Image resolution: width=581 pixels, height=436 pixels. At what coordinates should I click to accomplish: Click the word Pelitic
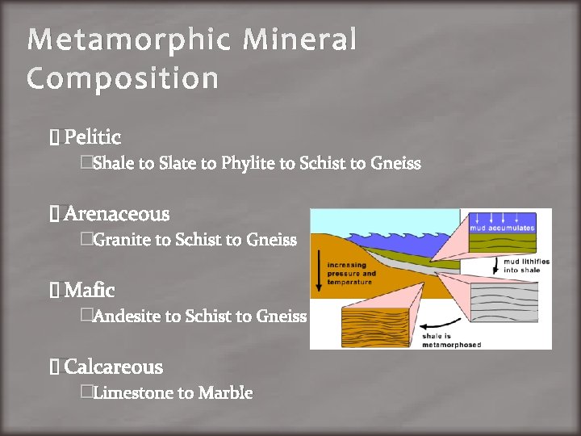point(92,137)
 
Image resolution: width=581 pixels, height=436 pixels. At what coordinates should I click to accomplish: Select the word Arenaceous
point(117,214)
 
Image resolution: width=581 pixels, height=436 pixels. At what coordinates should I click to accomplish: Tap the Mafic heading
point(89,290)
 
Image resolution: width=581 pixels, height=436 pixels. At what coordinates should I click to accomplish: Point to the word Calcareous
point(113,367)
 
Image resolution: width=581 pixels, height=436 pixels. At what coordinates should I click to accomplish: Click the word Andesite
point(127,317)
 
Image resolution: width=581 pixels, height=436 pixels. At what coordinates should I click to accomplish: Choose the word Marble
point(226,393)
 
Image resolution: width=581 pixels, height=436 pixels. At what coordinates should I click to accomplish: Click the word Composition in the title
point(122,79)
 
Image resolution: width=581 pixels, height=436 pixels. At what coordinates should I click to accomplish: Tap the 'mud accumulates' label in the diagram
point(502,228)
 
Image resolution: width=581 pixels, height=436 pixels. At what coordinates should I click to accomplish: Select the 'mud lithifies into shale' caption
point(526,266)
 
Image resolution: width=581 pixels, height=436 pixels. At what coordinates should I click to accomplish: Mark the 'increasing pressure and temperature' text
point(351,273)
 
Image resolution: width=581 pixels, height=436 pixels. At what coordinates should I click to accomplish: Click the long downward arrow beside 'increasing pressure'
point(320,274)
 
